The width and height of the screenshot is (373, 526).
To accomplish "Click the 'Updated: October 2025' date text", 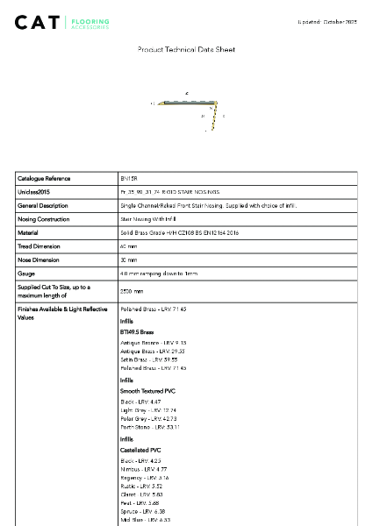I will point(327,21).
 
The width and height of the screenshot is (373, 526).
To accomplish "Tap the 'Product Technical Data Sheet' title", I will point(186,50).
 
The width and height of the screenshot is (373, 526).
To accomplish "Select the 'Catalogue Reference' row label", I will point(44,178).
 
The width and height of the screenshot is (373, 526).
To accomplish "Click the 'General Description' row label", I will point(43,205).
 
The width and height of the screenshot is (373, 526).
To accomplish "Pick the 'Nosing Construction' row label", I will point(44,219).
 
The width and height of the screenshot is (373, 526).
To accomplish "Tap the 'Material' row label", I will point(28,233).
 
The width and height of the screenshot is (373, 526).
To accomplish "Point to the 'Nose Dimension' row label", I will point(38,260).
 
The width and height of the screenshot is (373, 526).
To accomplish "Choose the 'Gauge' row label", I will point(26,274).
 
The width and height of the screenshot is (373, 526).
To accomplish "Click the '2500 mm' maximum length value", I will point(132,291).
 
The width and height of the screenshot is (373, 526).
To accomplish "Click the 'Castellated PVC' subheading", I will point(140,450).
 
